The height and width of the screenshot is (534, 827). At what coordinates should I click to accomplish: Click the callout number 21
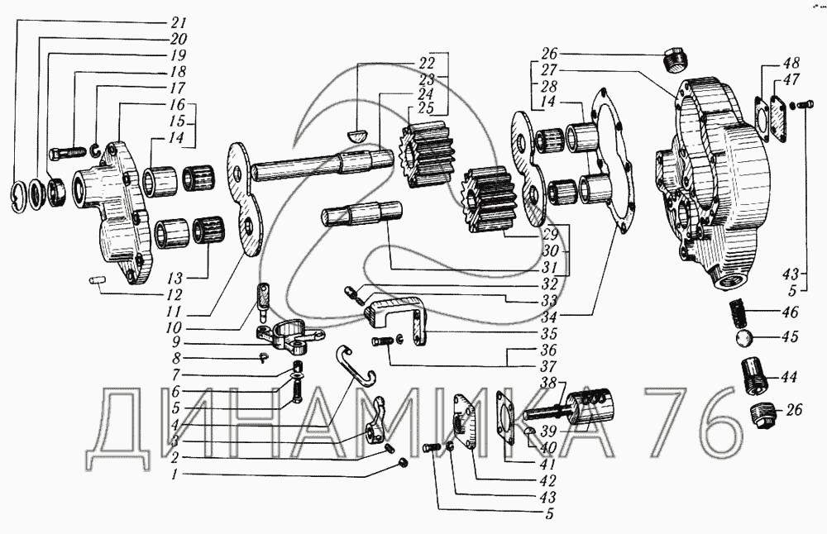pyautogui.click(x=179, y=22)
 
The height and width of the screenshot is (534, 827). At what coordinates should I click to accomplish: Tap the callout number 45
pyautogui.click(x=790, y=336)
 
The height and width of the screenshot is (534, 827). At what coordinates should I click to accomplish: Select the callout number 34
pyautogui.click(x=549, y=317)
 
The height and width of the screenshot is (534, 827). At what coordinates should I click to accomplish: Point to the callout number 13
pyautogui.click(x=174, y=278)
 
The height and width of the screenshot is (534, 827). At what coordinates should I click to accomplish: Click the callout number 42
pyautogui.click(x=548, y=481)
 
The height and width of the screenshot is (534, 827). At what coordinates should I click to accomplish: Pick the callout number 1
pyautogui.click(x=174, y=474)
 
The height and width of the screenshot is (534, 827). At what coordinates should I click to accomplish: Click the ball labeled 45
pyautogui.click(x=744, y=337)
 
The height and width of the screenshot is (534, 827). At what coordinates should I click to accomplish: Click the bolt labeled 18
pyautogui.click(x=68, y=153)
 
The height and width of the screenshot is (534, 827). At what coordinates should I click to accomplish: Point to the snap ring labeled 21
pyautogui.click(x=19, y=196)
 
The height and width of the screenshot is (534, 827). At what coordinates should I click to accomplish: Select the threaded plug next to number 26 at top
pyautogui.click(x=673, y=59)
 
